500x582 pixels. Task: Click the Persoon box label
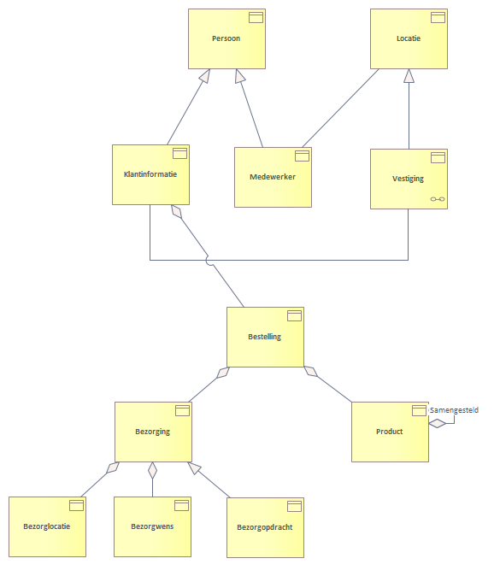[226, 38]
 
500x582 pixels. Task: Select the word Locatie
[409, 38]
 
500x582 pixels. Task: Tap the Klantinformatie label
[150, 174]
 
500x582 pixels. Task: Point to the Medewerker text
[273, 177]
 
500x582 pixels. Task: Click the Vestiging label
[408, 179]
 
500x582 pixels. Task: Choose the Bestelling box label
[264, 337]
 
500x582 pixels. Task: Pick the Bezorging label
[152, 432]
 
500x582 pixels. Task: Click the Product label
[390, 432]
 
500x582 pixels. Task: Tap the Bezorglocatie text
[47, 526]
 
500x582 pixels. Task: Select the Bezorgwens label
[152, 526]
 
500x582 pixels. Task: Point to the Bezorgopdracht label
[265, 527]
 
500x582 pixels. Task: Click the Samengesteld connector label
[454, 410]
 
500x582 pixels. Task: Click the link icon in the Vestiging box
[438, 199]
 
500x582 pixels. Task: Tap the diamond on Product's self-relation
[438, 423]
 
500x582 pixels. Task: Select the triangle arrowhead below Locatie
[409, 76]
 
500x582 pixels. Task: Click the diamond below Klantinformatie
[177, 212]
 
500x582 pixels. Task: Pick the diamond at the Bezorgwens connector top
[152, 470]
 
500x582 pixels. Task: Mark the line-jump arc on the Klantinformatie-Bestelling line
[209, 261]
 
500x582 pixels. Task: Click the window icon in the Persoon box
[256, 17]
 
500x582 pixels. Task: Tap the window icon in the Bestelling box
[294, 315]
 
